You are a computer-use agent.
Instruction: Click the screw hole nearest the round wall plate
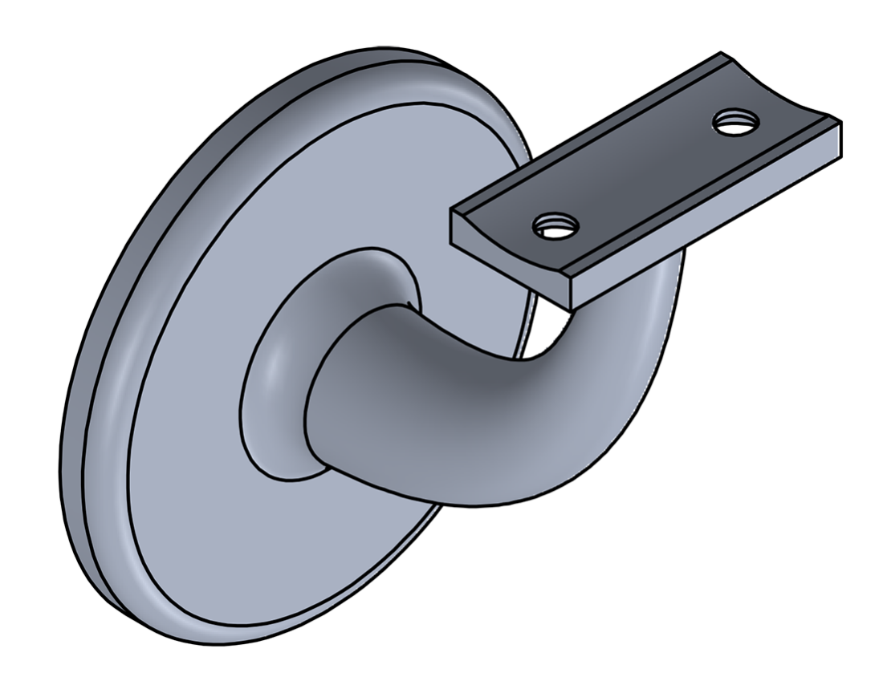point(556,226)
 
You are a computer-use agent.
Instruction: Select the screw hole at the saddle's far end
point(735,123)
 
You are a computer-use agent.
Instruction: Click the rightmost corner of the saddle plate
point(840,123)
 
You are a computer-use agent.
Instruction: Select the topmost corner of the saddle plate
point(721,54)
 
